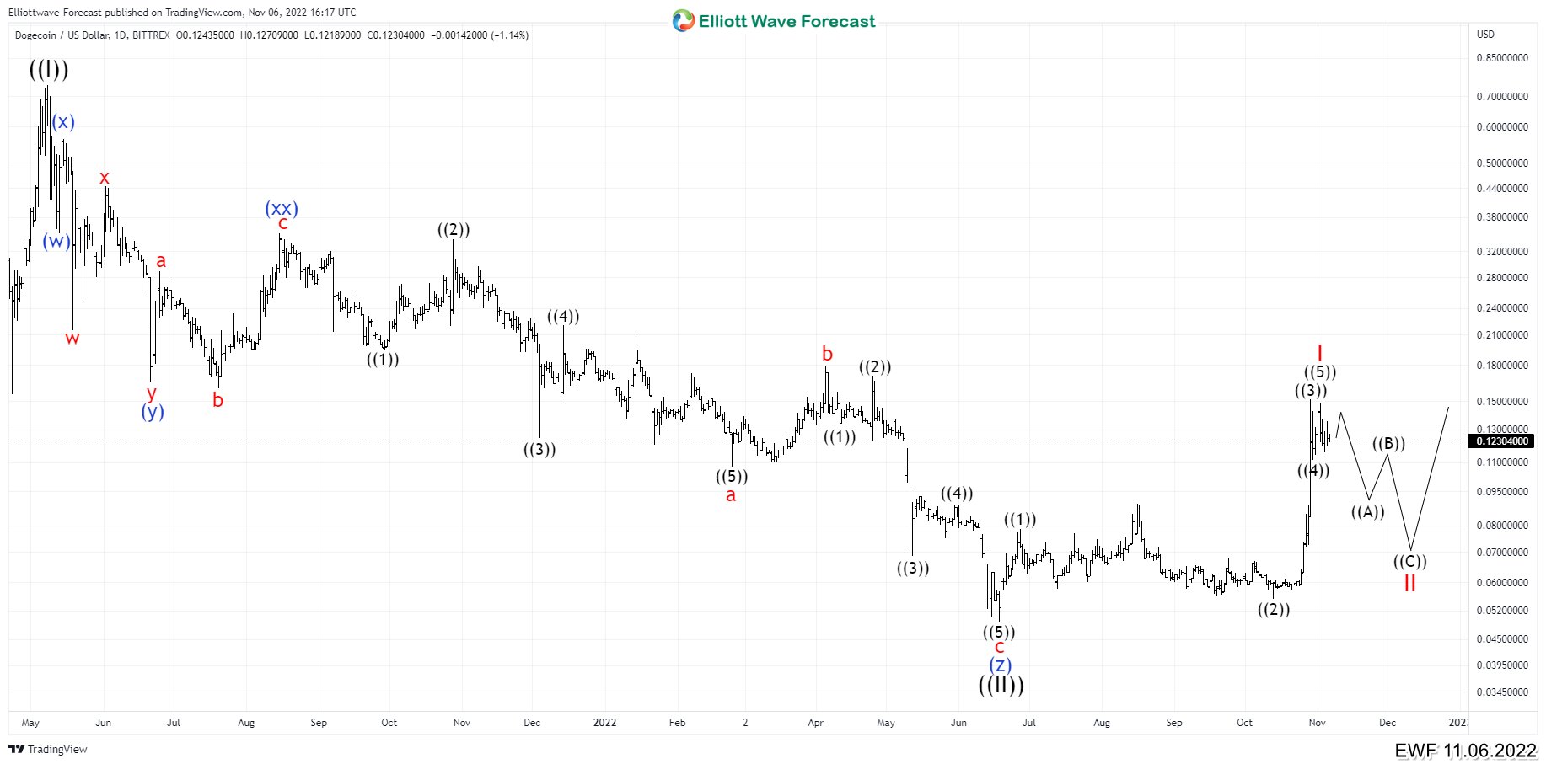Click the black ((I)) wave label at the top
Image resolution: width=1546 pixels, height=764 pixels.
pos(49,69)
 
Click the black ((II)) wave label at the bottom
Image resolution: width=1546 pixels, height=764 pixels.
pos(1001,685)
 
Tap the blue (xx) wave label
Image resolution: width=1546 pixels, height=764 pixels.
pos(282,208)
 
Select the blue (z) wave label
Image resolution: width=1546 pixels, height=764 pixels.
pos(1000,665)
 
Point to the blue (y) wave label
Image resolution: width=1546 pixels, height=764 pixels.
pos(153,411)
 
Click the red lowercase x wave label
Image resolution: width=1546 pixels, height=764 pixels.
pos(105,178)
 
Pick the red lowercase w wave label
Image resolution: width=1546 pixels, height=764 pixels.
pos(72,339)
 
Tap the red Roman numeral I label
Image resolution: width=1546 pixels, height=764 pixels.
pos(1319,353)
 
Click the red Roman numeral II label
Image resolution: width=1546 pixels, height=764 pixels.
pos(1409,583)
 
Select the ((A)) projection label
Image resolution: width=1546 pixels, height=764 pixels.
pos(1367,511)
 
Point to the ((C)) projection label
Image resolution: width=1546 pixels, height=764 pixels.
pos(1409,561)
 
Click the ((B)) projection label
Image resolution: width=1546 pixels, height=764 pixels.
pos(1388,444)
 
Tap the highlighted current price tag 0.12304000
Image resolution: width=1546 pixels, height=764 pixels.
pos(1501,441)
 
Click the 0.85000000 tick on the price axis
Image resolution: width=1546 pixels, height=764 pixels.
pos(1501,58)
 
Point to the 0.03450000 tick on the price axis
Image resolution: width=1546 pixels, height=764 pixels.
pos(1501,692)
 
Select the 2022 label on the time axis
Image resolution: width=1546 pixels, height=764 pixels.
pos(604,723)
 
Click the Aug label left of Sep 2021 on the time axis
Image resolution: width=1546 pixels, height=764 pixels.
pos(246,723)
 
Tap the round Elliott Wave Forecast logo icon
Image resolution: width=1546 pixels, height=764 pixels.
pos(683,21)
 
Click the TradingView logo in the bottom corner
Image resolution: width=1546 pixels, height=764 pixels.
pos(48,749)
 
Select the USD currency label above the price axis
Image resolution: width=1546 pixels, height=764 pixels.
pos(1485,35)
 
